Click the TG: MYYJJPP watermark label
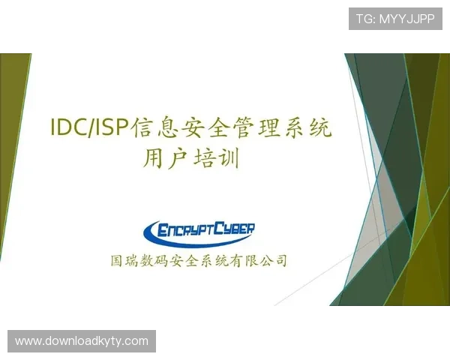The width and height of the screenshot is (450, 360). [395, 19]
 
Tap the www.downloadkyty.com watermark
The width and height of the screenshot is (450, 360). [81, 341]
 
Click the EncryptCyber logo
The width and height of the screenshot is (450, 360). [199, 229]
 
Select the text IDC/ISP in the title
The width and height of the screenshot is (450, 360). [89, 128]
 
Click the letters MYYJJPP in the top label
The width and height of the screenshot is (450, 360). [407, 19]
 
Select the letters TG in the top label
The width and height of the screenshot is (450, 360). [363, 19]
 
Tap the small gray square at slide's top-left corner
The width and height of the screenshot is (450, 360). [32, 51]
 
